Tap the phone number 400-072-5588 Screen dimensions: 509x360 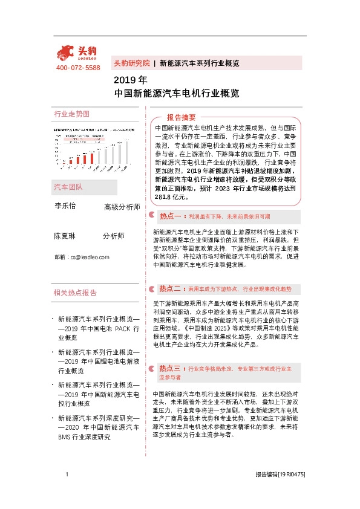77,68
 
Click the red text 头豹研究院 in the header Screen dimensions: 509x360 131,63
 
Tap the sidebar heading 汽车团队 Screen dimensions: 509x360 68,187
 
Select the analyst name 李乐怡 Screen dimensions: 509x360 65,206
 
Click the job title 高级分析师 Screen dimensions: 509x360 122,207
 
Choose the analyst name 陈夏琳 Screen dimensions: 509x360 65,236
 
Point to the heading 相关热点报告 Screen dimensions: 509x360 75,293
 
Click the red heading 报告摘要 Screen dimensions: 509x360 181,117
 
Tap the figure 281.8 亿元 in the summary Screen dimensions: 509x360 172,196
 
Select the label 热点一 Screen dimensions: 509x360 172,216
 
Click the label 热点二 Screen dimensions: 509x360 172,288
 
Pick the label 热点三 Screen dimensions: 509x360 172,368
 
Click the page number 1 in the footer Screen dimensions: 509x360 67,475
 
